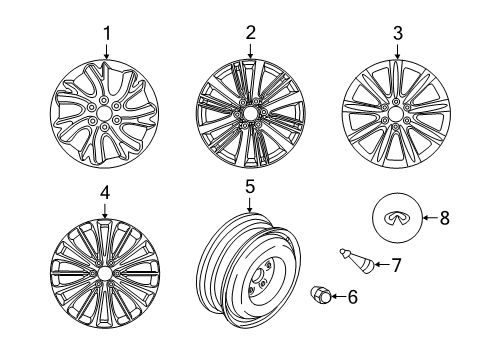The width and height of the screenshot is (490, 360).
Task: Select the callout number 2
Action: pos(250,33)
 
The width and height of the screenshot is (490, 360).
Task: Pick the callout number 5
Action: pos(250,185)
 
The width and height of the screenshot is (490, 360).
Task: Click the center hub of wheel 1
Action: pos(105,113)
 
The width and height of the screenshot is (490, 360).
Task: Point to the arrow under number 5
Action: pos(250,203)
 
